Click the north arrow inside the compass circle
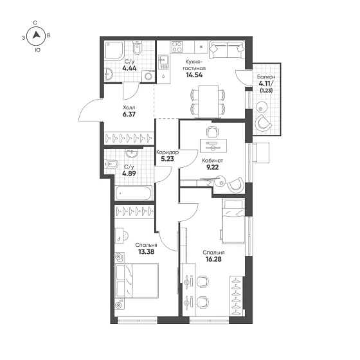pos(36,35)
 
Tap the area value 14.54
pos(194,75)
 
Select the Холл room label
pos(129,107)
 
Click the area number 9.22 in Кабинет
pos(212,167)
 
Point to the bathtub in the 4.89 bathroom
pos(134,193)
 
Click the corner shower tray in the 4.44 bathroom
pos(114,51)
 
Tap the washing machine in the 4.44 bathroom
pos(148,76)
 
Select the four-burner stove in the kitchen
pos(177,46)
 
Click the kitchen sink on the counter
pos(163,62)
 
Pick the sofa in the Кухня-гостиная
pos(227,50)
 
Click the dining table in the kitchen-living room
pos(208,102)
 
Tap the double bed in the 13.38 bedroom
pos(137,281)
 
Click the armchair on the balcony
pos(263,123)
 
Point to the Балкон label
pos(266,77)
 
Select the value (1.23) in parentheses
pos(266,91)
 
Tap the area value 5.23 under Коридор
pos(167,159)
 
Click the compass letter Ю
pos(37,50)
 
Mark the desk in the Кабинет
pos(213,145)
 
